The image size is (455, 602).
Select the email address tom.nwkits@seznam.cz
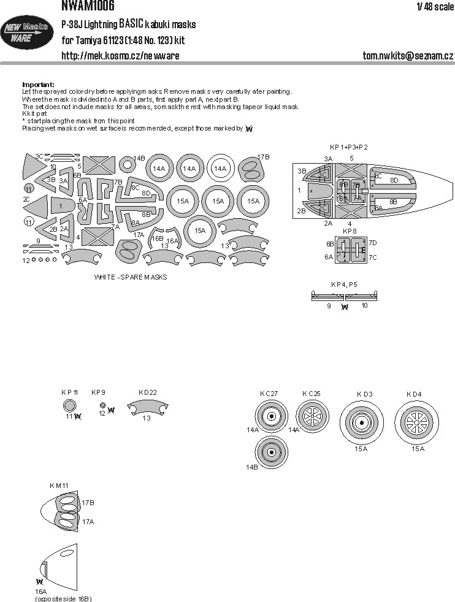pos(407,56)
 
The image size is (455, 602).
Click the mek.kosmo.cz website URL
pos(121,56)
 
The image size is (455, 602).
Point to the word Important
pos(38,84)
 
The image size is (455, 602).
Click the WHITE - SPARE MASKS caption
pos(131,277)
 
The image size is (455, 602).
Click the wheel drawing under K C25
pos(313,417)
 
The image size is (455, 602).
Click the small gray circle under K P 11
pos(70,405)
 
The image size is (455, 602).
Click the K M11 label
pos(59,486)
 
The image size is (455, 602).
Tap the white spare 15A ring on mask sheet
pos(199,231)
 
